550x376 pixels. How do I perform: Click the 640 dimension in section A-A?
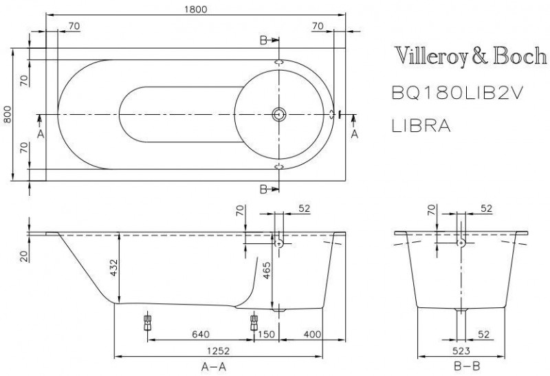pyautogui.click(x=200, y=335)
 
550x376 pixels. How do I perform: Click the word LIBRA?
pyautogui.click(x=421, y=126)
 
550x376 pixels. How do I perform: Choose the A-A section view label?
pyautogui.click(x=217, y=366)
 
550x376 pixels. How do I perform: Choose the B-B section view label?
pyautogui.click(x=462, y=366)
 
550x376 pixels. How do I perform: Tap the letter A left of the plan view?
pyautogui.click(x=41, y=133)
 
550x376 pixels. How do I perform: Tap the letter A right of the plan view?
pyautogui.click(x=355, y=133)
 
